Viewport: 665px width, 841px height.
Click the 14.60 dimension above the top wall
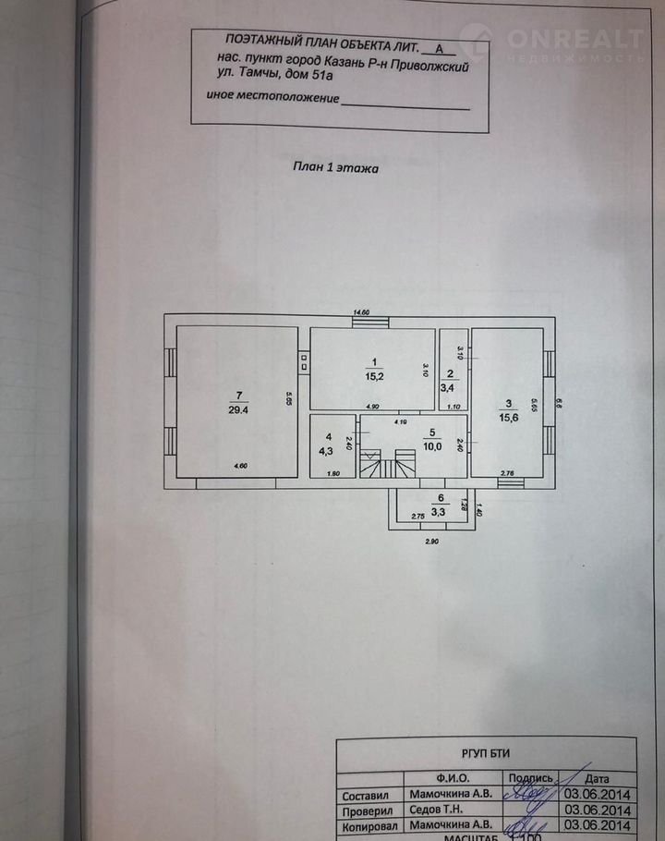361,312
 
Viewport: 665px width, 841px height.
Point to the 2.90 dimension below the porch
430,541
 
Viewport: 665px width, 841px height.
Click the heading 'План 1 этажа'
335,167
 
